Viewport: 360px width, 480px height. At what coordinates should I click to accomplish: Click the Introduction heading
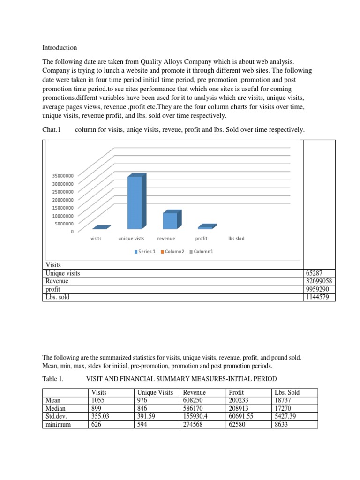point(60,48)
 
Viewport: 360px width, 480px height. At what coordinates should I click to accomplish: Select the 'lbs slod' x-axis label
point(236,239)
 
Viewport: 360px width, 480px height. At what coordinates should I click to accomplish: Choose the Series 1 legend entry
point(145,252)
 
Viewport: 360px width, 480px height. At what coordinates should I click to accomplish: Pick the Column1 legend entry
point(202,252)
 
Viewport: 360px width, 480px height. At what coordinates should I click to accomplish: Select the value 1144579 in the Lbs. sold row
point(318,297)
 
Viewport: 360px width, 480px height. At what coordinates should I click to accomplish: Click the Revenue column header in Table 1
point(194,392)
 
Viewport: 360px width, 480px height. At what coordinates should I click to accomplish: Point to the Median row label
point(55,408)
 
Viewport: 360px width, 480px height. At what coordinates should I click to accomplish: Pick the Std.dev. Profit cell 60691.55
point(242,416)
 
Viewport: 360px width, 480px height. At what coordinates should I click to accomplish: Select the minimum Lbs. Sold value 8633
point(281,424)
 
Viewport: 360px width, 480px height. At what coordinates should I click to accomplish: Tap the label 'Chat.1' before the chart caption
point(52,129)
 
